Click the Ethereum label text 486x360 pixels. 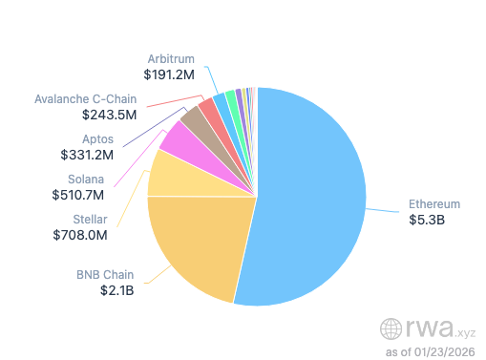point(434,204)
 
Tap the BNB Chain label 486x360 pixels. point(105,275)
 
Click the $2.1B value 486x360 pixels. point(116,290)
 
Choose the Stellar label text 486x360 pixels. point(90,219)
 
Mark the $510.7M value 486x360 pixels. point(78,194)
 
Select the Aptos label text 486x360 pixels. point(97,138)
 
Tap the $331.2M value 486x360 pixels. point(87,154)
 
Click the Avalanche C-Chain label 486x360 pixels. point(85,98)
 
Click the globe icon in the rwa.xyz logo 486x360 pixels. point(391,329)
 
